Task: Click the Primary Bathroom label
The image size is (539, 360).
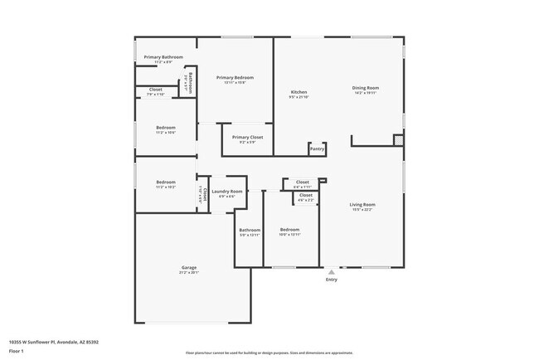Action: click(163, 57)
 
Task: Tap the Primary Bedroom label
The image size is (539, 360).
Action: click(235, 78)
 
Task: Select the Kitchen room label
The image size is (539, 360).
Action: click(299, 92)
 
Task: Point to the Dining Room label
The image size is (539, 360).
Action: click(365, 88)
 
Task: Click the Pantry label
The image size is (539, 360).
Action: click(317, 149)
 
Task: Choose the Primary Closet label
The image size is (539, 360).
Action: click(247, 137)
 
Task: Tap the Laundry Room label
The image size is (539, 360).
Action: click(226, 192)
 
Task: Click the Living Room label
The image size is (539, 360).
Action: click(362, 205)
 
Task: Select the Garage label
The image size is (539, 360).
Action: click(189, 268)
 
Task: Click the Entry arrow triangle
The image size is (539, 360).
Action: click(331, 271)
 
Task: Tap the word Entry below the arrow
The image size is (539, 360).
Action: click(331, 280)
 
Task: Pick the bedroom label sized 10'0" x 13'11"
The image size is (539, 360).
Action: click(289, 230)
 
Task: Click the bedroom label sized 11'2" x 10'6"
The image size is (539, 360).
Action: click(166, 128)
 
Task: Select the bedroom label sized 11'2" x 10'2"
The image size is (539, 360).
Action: click(166, 182)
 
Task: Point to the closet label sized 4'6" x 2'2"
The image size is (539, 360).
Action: click(305, 196)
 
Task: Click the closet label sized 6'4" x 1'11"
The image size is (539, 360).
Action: click(302, 182)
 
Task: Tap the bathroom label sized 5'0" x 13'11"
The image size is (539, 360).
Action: click(250, 231)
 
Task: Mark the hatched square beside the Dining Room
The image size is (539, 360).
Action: click(398, 141)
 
